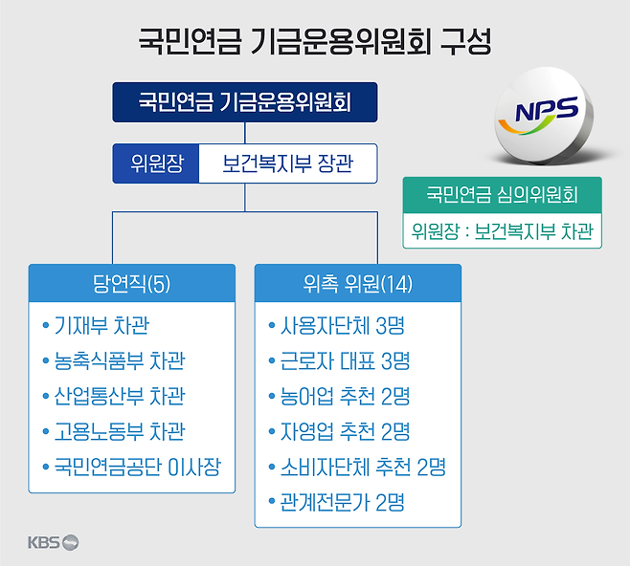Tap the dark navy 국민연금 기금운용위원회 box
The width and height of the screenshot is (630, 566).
click(x=245, y=102)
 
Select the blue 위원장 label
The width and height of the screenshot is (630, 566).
click(x=155, y=163)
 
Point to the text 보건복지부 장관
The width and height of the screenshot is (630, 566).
click(x=288, y=163)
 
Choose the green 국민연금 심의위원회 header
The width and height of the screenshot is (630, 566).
click(x=502, y=195)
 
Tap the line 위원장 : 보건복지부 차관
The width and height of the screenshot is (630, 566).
click(x=502, y=230)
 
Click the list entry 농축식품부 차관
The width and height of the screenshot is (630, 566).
click(x=119, y=361)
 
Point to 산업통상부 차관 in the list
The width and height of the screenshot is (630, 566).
click(x=119, y=397)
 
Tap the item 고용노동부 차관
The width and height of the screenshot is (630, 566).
click(x=119, y=432)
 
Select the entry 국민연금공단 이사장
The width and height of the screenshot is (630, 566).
click(x=137, y=468)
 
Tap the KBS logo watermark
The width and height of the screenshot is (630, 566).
click(x=53, y=543)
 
